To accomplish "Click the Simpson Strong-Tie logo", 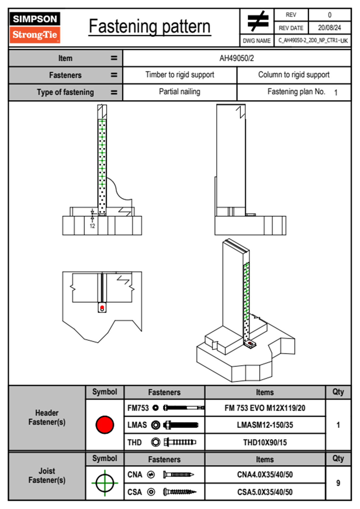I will (35, 28).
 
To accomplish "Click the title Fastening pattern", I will (149, 27).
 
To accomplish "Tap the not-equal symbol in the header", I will (257, 21).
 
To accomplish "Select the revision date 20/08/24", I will (329, 28).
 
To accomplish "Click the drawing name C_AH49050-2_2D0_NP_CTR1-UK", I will (313, 41).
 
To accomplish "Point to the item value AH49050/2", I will (237, 58).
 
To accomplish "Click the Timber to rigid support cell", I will (180, 75).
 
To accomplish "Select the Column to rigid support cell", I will (294, 75).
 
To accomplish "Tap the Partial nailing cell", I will (180, 92).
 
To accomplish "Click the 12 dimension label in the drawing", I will (92, 226).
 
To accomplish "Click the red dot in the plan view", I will (102, 308).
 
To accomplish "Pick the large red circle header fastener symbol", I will (105, 425).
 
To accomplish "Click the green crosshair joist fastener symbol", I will (105, 483).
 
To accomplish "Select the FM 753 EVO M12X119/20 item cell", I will (265, 408).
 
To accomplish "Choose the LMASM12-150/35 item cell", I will (265, 425).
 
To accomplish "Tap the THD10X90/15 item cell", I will (265, 442).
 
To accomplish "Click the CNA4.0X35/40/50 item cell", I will (265, 475).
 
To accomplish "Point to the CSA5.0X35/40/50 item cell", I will (265, 492).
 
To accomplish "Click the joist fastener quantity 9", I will (338, 483).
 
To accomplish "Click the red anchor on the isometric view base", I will (250, 343).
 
